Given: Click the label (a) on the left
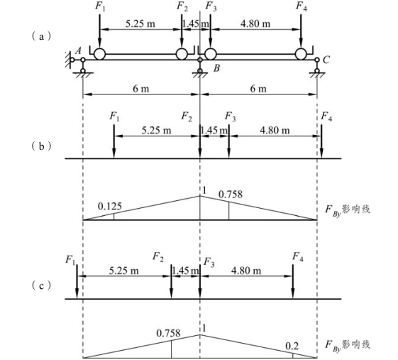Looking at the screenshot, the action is click(41, 37).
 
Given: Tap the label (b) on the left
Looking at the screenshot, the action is click(41, 146).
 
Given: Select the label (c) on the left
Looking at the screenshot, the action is click(41, 285).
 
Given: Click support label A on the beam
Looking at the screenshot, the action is click(78, 51).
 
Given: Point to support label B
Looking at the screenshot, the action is click(216, 68).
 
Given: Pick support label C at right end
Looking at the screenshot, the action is click(326, 60).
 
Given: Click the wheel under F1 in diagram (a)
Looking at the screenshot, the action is click(99, 54).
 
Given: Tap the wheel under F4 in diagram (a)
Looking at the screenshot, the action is click(301, 54).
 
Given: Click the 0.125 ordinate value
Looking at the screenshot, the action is click(110, 207).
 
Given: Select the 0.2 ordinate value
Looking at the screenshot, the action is click(292, 346).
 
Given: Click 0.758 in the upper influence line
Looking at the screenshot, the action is click(231, 195).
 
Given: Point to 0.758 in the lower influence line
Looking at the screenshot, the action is click(168, 333).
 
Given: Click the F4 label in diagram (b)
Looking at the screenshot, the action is click(326, 117).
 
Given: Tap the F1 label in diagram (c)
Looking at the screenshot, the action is click(70, 260).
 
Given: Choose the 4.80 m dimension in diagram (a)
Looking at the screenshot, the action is click(255, 24).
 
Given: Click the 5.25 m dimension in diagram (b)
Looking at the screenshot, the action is click(156, 131).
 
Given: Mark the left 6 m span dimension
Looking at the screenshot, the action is click(141, 89).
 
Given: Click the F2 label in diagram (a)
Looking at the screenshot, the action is click(182, 6).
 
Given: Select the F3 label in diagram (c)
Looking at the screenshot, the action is click(209, 262).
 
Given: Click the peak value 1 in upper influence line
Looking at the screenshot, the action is click(204, 190).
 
